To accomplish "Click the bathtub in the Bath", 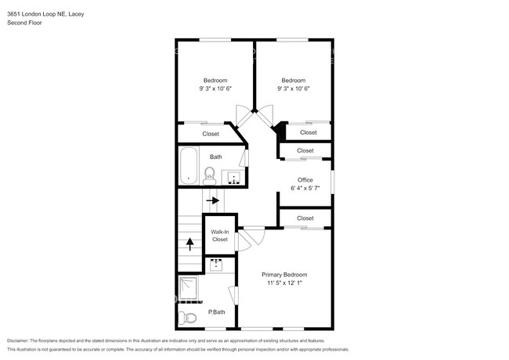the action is click(x=189, y=166).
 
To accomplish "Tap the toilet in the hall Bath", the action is click(x=209, y=176).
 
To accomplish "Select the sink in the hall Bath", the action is click(x=233, y=178).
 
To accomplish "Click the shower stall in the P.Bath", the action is click(x=188, y=288).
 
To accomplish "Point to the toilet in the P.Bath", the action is click(x=188, y=318).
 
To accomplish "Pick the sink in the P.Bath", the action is click(x=216, y=265).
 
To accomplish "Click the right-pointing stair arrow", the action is click(x=213, y=200).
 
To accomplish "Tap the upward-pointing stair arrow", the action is click(x=190, y=244).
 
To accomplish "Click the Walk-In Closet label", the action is click(x=220, y=236).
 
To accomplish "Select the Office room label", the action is click(x=305, y=180).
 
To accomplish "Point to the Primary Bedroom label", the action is click(x=284, y=275).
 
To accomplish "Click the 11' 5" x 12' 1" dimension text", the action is click(x=285, y=283).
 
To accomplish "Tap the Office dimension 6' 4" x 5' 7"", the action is click(x=305, y=188).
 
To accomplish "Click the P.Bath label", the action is click(x=216, y=312).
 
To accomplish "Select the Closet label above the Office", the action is click(x=305, y=150).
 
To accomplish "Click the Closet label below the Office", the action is click(x=305, y=218).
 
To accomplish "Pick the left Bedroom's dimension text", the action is click(x=215, y=88).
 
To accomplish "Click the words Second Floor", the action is click(x=24, y=23).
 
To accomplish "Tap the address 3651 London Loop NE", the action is click(x=38, y=14).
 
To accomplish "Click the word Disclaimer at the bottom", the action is click(x=18, y=340).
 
